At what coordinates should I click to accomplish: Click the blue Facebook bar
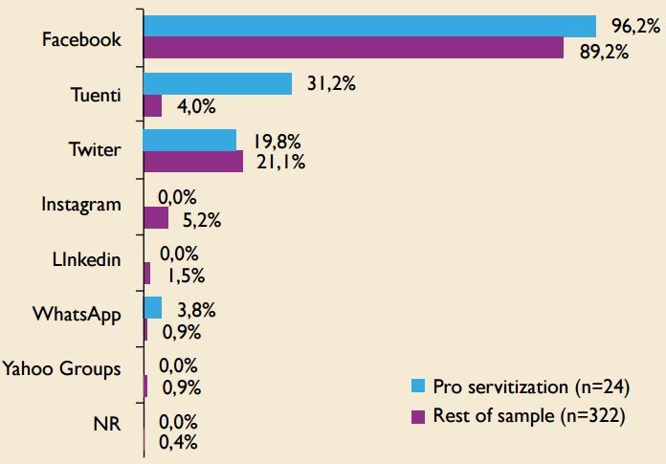(369, 26)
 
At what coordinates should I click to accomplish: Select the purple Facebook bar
(353, 49)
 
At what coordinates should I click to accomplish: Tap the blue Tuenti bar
(217, 83)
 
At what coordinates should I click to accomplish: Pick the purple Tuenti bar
(152, 106)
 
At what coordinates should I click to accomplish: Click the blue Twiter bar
(189, 140)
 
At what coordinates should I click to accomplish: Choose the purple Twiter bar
(193, 163)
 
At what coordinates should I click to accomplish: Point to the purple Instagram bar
(156, 219)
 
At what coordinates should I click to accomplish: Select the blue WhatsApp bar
(152, 308)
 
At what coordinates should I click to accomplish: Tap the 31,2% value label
(331, 84)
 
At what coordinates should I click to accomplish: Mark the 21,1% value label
(280, 163)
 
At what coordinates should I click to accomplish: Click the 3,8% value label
(194, 309)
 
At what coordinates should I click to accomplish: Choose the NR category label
(108, 425)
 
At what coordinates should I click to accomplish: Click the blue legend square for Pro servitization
(416, 387)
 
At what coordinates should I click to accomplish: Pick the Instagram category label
(81, 204)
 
